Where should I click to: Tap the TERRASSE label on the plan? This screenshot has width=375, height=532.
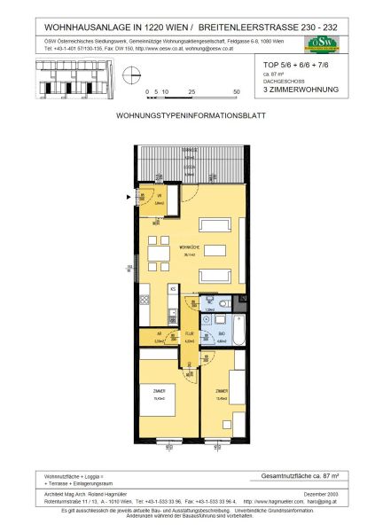(x=188, y=152)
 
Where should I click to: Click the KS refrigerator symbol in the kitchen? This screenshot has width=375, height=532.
(x=174, y=289)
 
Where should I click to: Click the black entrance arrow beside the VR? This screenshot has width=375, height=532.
(x=133, y=197)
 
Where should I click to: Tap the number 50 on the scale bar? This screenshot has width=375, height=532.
(x=237, y=91)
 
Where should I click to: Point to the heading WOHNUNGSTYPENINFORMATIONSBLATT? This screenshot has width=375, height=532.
(x=187, y=116)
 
